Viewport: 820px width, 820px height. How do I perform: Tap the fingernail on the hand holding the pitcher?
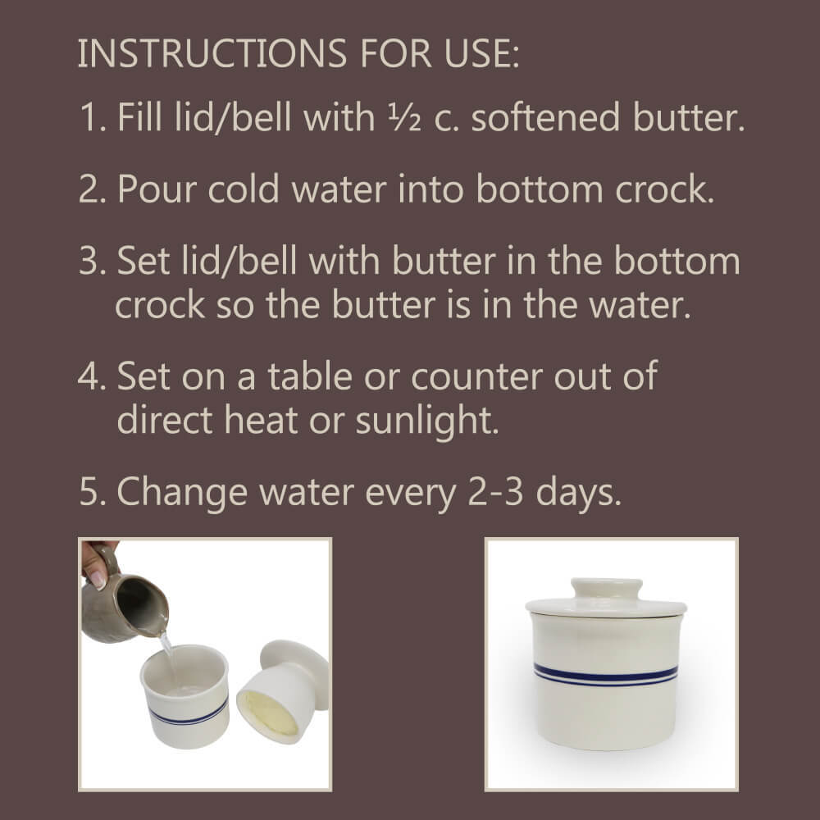click(98, 579)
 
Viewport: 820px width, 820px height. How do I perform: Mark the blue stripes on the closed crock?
click(605, 675)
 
